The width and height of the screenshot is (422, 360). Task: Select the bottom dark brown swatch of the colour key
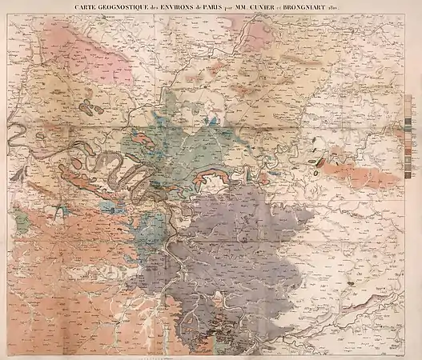[409, 174]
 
